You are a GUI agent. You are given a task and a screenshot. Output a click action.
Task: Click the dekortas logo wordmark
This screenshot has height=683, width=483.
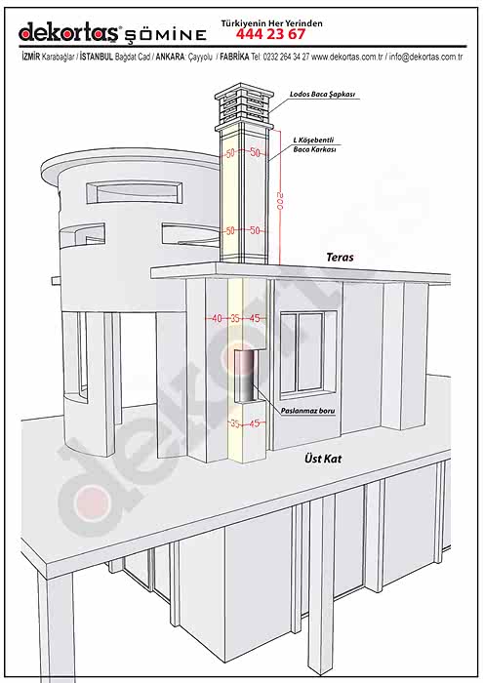click(x=69, y=32)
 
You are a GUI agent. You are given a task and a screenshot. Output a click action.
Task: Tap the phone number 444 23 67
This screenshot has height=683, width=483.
click(x=271, y=34)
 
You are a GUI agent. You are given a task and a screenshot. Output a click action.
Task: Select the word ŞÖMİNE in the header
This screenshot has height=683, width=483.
click(x=166, y=35)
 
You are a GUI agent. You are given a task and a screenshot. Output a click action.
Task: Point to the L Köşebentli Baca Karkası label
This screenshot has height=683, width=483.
click(x=314, y=144)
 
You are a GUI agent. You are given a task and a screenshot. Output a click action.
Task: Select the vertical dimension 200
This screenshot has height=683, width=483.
click(x=280, y=201)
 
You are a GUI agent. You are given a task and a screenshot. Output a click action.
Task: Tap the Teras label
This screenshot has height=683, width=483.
click(x=340, y=257)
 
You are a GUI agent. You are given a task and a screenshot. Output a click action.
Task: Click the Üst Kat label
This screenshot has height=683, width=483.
click(x=323, y=459)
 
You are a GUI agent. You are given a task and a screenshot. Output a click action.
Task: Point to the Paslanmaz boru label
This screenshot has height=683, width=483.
click(x=308, y=411)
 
